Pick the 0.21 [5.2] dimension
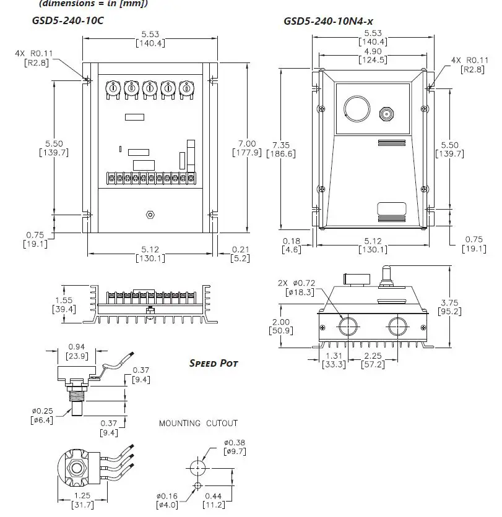click(240, 254)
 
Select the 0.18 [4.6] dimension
click(291, 246)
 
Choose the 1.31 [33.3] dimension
click(334, 361)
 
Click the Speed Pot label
click(213, 363)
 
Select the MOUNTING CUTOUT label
click(198, 424)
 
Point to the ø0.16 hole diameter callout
click(167, 500)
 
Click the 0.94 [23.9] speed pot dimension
click(76, 351)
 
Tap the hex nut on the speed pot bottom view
click(77, 468)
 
